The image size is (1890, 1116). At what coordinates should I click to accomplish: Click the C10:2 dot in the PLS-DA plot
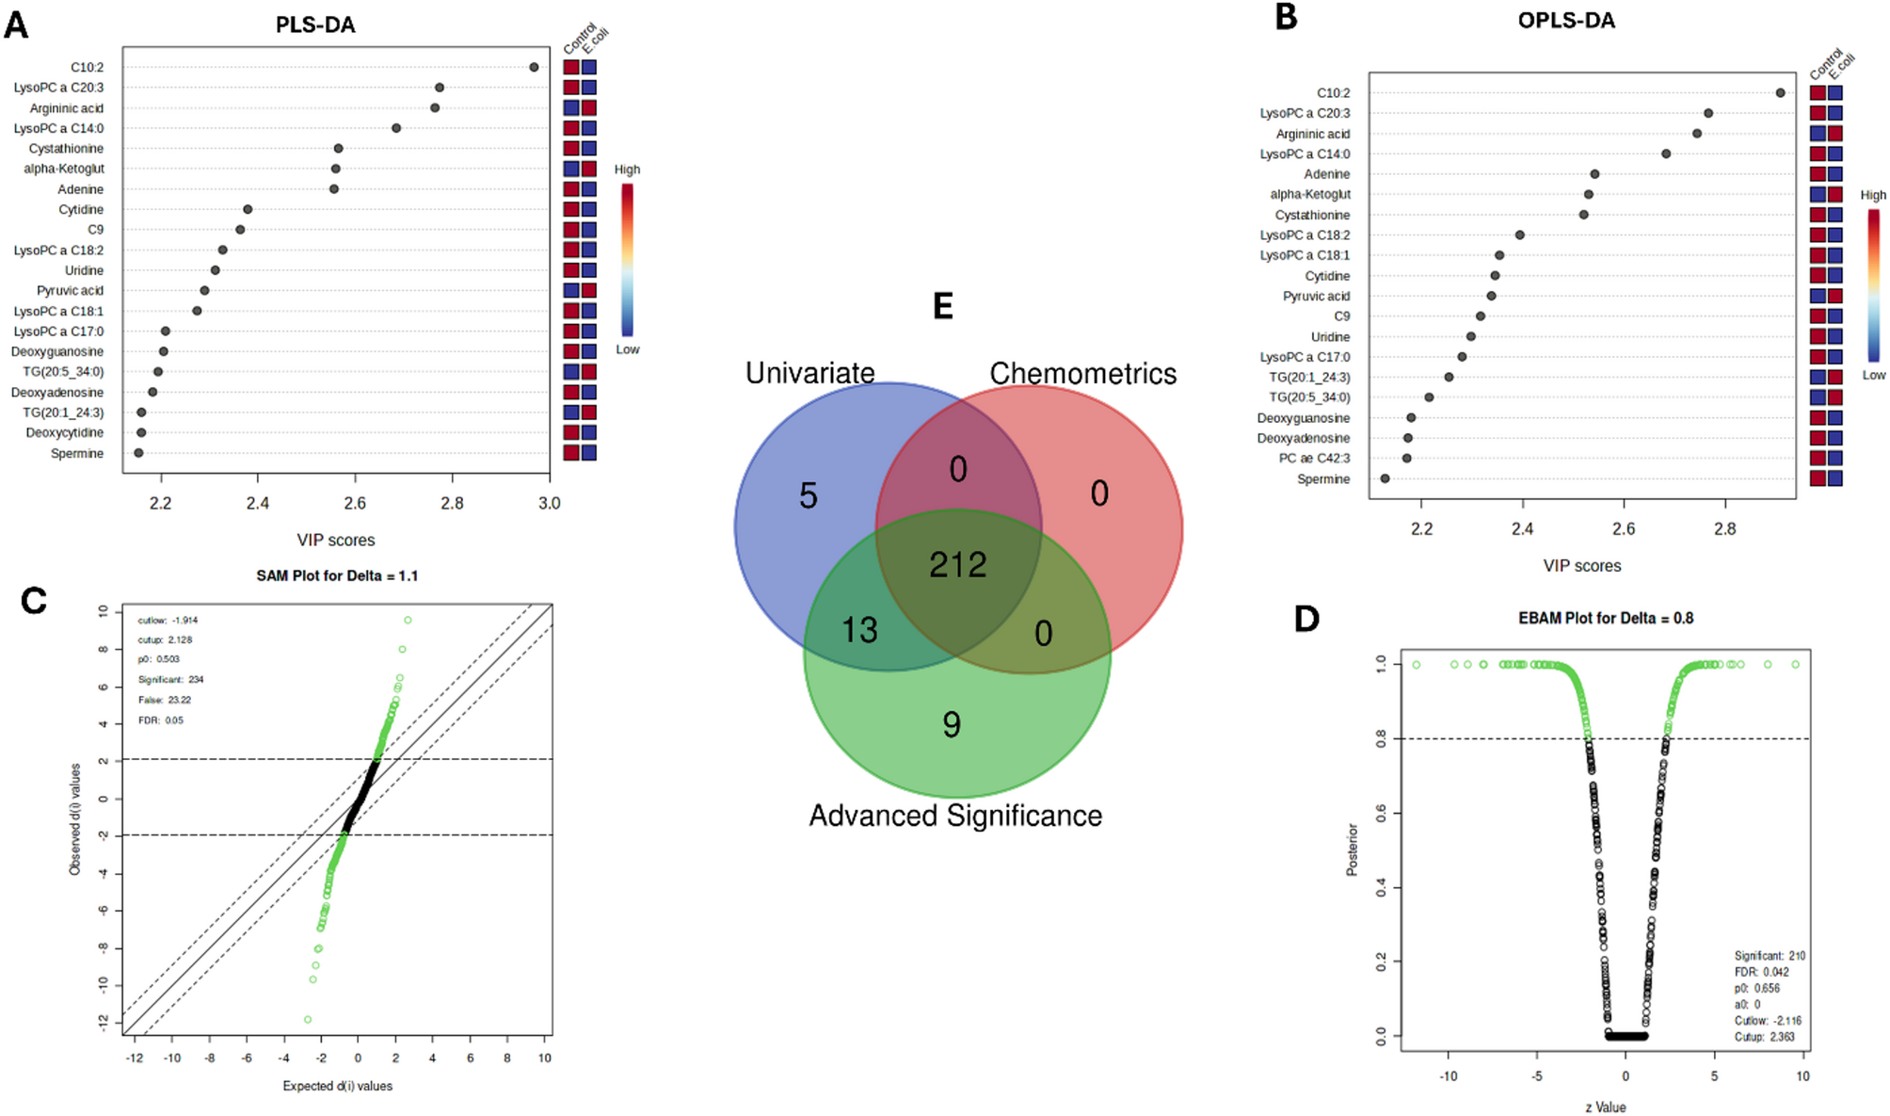tap(534, 67)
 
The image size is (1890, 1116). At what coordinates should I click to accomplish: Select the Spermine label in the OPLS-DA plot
tap(1322, 479)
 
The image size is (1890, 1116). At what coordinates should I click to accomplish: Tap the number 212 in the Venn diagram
tap(958, 565)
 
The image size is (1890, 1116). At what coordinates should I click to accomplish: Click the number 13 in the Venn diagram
tap(859, 630)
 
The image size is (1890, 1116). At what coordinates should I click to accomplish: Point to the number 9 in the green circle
tap(952, 724)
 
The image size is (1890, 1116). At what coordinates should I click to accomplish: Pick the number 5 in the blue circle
tap(809, 496)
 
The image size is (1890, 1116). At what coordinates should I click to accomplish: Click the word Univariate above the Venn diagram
tap(809, 373)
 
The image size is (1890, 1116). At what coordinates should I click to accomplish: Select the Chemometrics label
tap(1082, 374)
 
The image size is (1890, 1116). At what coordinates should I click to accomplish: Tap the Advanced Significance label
tap(955, 816)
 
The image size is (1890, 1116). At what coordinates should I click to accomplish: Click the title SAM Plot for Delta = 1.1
tap(337, 575)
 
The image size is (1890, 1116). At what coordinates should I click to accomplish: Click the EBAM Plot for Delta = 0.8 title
tap(1606, 619)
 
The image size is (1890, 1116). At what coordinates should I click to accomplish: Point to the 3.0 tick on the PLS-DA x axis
tap(549, 504)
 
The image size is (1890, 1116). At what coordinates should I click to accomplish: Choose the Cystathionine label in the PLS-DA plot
tap(66, 149)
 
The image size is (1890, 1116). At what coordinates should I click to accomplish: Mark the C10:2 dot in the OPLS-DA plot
tap(1780, 92)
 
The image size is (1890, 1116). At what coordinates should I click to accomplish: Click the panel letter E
tap(942, 307)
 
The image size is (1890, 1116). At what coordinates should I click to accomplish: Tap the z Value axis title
tap(1605, 1108)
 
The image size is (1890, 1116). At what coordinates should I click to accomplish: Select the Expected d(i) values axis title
tap(337, 1086)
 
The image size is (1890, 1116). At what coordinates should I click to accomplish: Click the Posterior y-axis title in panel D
tap(1353, 849)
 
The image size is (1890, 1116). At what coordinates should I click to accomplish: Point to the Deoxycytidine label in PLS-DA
tap(64, 433)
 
